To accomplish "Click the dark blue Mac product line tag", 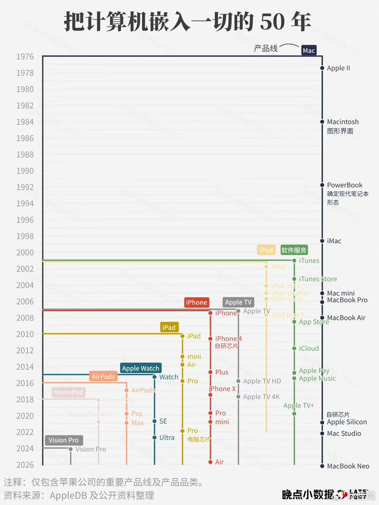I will (309, 50).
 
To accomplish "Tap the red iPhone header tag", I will (196, 303).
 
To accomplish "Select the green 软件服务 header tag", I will (294, 250).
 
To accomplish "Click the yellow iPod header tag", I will (266, 250).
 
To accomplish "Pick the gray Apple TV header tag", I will (238, 303).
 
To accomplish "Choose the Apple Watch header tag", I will (140, 368).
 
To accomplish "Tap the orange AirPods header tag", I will (103, 376).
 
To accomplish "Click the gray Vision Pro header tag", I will (64, 440).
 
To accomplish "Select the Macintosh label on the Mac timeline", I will (343, 122).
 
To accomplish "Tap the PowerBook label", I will (344, 185).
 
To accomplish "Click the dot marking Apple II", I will (322, 68).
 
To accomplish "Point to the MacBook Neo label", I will (348, 466).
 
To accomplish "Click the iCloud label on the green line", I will (309, 348).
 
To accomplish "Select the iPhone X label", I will (222, 389).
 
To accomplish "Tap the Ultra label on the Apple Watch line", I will (167, 438).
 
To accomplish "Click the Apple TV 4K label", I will (261, 397).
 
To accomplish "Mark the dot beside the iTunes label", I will (294, 260).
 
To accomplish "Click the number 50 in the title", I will (272, 22).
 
